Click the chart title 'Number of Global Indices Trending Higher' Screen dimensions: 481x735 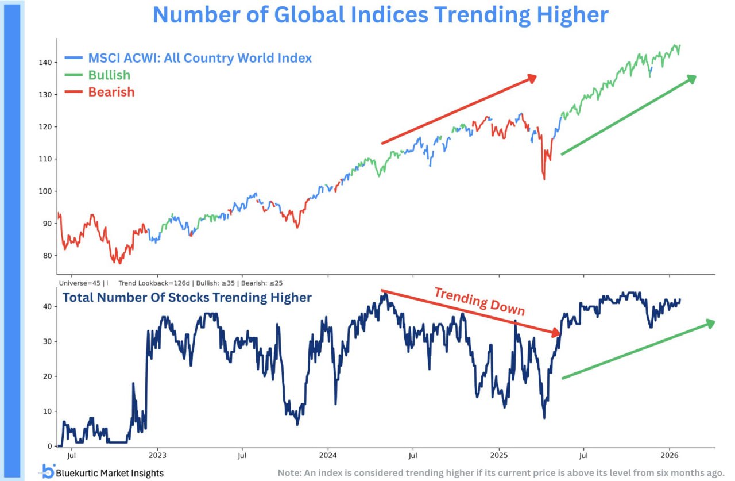click(380, 15)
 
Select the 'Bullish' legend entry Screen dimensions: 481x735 click(109, 75)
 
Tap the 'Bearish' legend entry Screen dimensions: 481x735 click(111, 92)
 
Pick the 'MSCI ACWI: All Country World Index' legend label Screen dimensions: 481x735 click(199, 58)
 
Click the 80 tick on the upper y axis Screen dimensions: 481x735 click(49, 256)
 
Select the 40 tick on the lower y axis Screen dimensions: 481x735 click(49, 306)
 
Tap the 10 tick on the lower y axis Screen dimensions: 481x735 click(49, 411)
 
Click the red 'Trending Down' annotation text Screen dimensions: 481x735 click(479, 302)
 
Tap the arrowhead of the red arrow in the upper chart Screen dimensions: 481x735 click(532, 78)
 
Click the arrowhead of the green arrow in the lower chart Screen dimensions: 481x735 click(711, 324)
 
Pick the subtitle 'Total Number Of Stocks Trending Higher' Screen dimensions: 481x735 click(187, 298)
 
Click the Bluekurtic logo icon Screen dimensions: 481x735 click(48, 471)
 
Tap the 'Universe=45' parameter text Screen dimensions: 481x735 click(79, 283)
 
